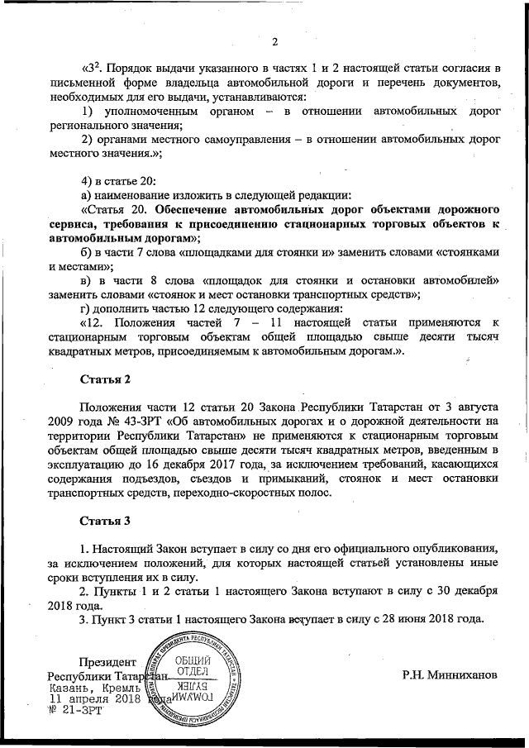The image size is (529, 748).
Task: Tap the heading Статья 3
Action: point(104,522)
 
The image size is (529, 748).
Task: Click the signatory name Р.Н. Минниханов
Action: point(450,674)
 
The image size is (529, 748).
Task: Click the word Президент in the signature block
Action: point(106,662)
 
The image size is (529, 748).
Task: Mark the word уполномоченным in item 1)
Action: point(154,111)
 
